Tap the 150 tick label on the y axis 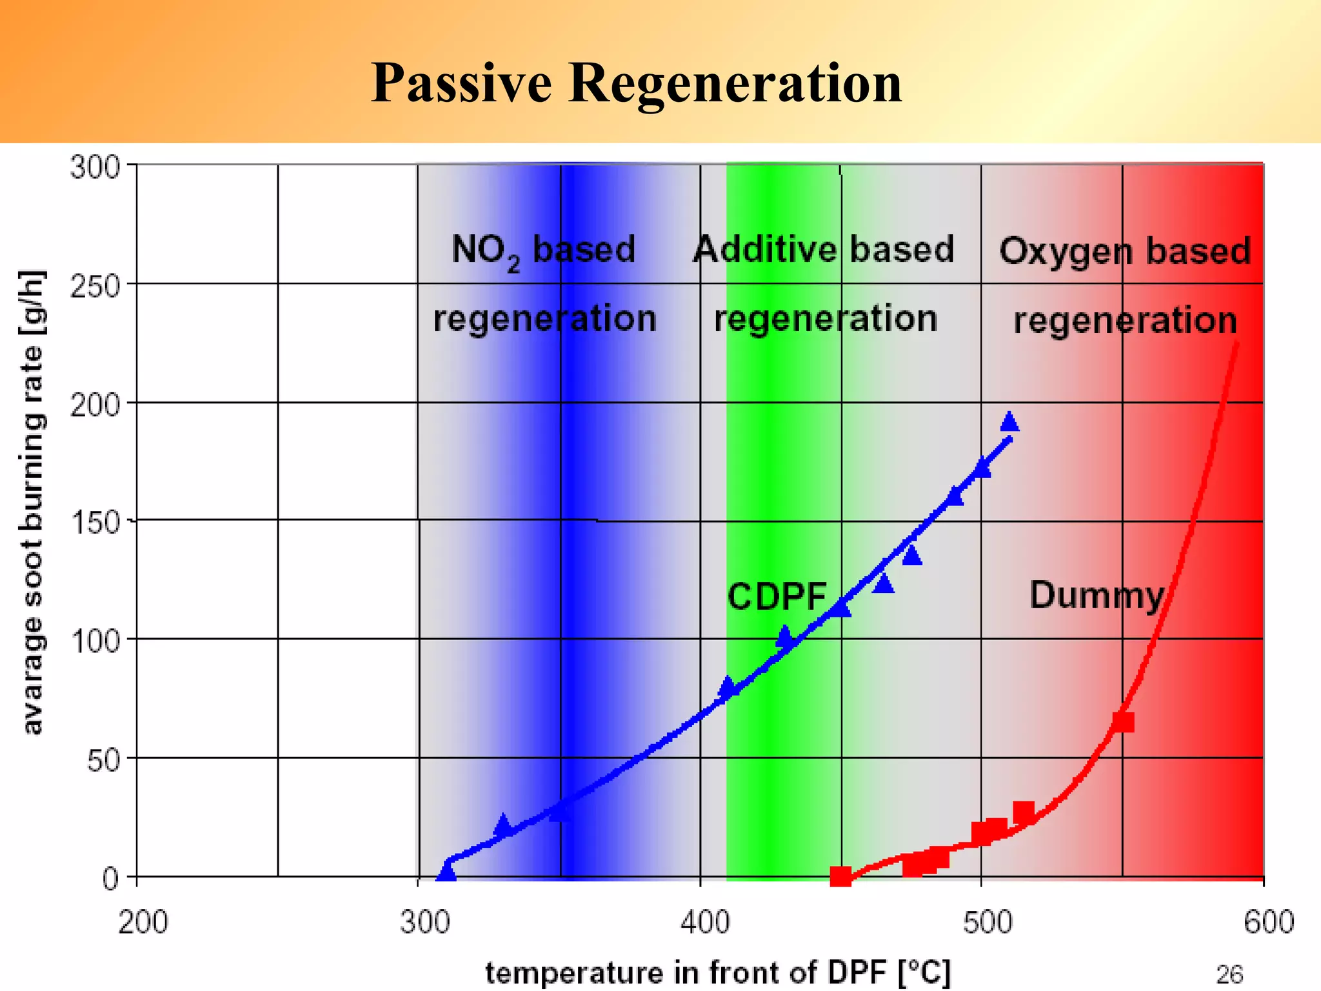(95, 522)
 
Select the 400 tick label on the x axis (705, 922)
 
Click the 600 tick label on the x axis (1268, 922)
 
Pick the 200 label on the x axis (143, 922)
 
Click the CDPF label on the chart (777, 596)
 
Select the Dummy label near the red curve (1097, 595)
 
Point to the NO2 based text (543, 250)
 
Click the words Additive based (823, 249)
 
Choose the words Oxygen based (1124, 250)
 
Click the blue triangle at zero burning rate (446, 873)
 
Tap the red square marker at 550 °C (1123, 722)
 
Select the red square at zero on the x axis (840, 876)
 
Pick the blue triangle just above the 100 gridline (784, 636)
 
